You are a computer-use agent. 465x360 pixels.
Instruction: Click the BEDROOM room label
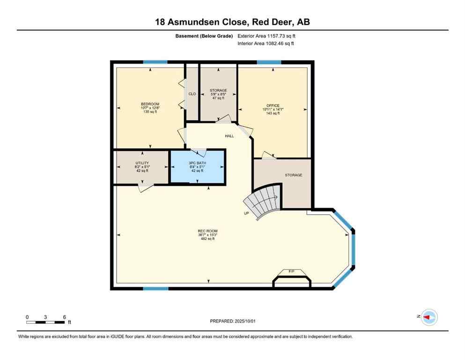tap(150, 104)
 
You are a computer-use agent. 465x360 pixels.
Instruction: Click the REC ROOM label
tap(207, 231)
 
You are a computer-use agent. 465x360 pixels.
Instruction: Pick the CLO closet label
tap(192, 94)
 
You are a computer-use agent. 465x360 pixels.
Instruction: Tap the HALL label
tap(229, 136)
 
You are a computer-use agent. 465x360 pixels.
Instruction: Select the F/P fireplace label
tap(291, 271)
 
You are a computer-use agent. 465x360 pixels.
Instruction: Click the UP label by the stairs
tap(246, 213)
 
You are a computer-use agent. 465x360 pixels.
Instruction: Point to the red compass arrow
tap(427, 317)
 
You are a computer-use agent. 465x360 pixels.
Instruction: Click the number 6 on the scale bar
tap(64, 317)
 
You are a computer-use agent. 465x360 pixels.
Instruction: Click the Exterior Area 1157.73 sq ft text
tap(267, 36)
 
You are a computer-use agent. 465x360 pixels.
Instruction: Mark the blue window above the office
tap(269, 62)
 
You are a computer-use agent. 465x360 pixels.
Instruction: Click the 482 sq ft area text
tap(207, 239)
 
